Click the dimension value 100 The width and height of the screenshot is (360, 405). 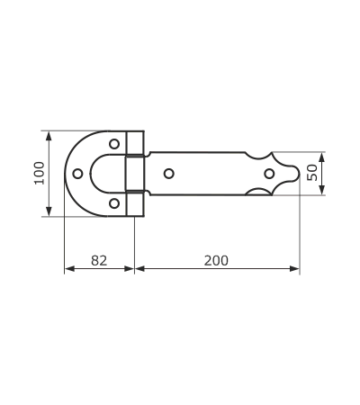point(40,173)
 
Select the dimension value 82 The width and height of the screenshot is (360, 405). point(99,260)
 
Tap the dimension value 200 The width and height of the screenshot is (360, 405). point(216,260)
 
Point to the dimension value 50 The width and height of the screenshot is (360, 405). point(312,173)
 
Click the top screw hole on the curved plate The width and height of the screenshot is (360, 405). point(114,144)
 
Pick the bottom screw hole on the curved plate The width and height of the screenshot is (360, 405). point(114,203)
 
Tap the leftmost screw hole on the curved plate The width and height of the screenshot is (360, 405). point(77,174)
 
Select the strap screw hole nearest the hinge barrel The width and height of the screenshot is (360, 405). point(169,174)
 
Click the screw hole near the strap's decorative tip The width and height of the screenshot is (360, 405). point(269,174)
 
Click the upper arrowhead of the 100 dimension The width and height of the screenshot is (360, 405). point(49,136)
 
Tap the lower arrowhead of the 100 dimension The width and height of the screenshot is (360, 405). point(49,211)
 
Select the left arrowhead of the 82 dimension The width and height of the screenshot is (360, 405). point(69,268)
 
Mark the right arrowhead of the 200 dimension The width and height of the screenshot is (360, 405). point(294,268)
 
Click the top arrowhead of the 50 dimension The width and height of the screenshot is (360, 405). point(322,157)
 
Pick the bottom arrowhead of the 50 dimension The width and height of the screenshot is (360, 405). point(322,190)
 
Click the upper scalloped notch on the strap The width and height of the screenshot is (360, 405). point(258,156)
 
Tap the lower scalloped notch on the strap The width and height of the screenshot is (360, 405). point(258,192)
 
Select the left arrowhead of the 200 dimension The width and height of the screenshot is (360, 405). point(139,268)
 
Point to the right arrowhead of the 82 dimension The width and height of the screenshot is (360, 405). point(129,268)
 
